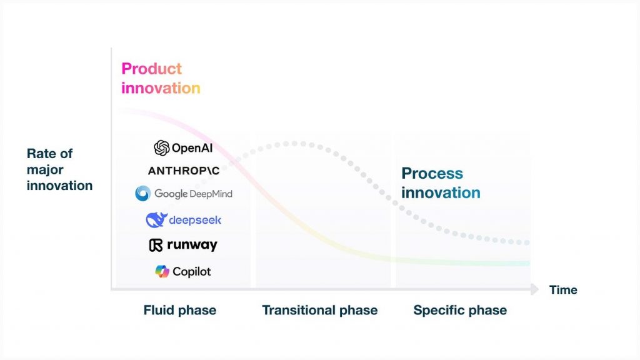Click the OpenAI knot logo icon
tap(162, 148)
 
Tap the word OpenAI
tap(192, 148)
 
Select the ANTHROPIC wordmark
tap(184, 171)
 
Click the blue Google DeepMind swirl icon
tap(143, 194)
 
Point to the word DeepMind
tap(211, 194)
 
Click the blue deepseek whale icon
tap(156, 220)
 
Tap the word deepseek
tap(195, 221)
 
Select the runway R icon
tap(156, 245)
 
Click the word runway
tap(192, 245)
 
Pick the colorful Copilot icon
tap(162, 271)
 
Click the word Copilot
tap(192, 272)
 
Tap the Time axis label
tap(563, 290)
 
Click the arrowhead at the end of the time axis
tap(535, 289)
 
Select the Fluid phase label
tap(180, 310)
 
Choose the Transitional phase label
tap(320, 310)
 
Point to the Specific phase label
tap(460, 310)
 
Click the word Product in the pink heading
tap(152, 69)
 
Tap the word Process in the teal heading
tap(432, 174)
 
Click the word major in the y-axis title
tap(45, 170)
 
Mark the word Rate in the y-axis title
tap(40, 154)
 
